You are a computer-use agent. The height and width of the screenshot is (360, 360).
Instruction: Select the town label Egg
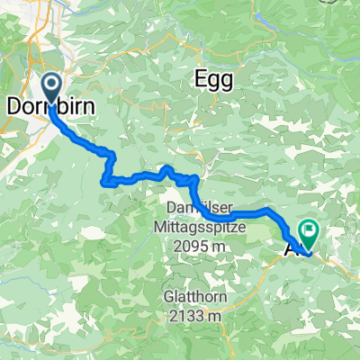click(x=214, y=79)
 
